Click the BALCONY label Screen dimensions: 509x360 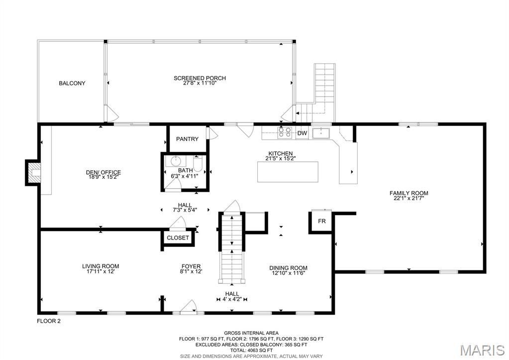click(x=72, y=83)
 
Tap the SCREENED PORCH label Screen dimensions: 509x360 click(x=200, y=78)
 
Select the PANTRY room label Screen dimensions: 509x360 click(x=187, y=139)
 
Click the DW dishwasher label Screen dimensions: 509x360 click(x=302, y=133)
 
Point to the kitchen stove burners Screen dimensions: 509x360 click(x=285, y=132)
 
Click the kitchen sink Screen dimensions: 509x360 click(x=321, y=133)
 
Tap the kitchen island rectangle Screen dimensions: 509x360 click(x=288, y=172)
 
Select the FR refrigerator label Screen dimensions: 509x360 click(x=322, y=221)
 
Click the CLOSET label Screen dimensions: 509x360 click(x=178, y=238)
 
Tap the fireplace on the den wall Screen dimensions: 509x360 click(x=33, y=172)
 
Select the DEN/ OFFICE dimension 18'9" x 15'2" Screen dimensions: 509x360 click(x=103, y=177)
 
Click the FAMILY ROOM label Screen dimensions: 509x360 click(x=408, y=193)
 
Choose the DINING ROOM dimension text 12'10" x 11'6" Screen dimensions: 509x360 click(x=288, y=273)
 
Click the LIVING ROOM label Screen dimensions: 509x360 click(x=101, y=266)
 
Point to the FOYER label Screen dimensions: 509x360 click(x=191, y=266)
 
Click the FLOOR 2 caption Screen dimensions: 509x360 click(x=49, y=321)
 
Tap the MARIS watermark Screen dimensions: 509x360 click(x=483, y=350)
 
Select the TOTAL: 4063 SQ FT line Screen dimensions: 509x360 click(x=251, y=351)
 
